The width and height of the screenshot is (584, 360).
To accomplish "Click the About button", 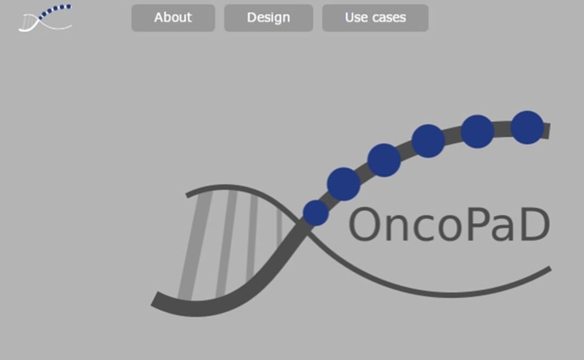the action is pos(173,18).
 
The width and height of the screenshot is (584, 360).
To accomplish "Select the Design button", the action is pos(268,18).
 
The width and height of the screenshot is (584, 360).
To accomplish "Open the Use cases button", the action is pos(375,18).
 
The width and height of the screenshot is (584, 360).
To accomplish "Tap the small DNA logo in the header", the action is pos(45,18).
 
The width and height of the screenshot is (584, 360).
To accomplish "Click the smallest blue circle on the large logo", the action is pos(316,213).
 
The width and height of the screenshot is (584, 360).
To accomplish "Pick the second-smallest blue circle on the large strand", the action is pos(344,184).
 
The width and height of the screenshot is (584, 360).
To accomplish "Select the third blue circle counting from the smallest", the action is pos(384,160).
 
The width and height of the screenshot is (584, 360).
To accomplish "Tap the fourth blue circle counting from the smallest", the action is pos(428,141).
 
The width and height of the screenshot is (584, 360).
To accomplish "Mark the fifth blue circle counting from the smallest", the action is pos(478,131).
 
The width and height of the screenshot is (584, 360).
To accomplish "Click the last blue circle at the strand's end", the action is pos(527,128).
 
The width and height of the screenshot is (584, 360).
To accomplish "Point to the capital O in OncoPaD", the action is pos(364,225).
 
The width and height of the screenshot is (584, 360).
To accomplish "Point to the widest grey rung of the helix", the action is pos(195,246).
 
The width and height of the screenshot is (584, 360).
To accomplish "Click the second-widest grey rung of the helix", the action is pos(226,244).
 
